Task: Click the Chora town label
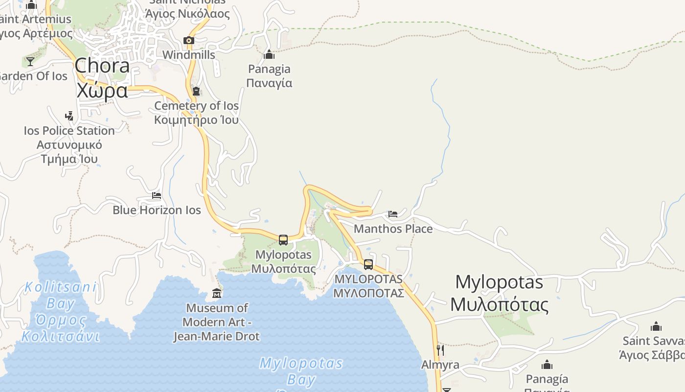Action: tap(102, 78)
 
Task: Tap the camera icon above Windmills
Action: tap(188, 40)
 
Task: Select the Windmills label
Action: tap(188, 55)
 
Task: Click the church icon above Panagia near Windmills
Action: tap(269, 54)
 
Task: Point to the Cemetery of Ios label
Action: tap(196, 113)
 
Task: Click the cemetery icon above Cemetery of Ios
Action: tap(196, 91)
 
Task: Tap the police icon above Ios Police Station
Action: tap(69, 116)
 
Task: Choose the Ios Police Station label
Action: tap(69, 145)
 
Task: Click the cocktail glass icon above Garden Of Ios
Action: tap(30, 62)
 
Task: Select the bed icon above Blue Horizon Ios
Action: tap(157, 196)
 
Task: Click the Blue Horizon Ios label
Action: tap(157, 210)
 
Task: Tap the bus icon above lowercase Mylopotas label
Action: tap(283, 240)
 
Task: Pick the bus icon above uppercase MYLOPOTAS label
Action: tap(368, 264)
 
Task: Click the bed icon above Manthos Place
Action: tap(393, 214)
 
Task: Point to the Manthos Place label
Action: tap(393, 229)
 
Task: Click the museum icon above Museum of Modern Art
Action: tap(217, 294)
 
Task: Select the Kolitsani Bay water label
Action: tap(60, 312)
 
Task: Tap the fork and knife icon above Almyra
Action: tap(440, 350)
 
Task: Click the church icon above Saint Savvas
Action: tap(656, 326)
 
